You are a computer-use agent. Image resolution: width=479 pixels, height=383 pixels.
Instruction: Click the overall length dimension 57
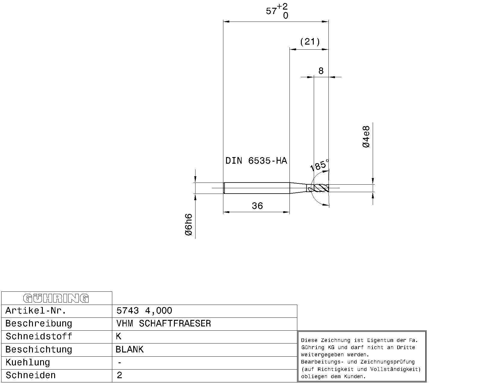tap(271, 11)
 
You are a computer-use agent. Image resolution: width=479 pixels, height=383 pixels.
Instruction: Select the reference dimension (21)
tap(310, 42)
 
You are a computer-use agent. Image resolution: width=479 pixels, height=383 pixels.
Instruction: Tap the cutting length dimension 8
tap(321, 71)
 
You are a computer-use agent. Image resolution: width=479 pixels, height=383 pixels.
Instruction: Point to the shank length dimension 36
tap(257, 206)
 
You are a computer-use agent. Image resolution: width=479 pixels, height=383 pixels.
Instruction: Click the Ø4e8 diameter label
tap(366, 137)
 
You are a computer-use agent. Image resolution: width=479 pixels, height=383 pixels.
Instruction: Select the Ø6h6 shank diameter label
tap(189, 224)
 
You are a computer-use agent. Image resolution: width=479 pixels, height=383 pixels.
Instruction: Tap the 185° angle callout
tap(319, 165)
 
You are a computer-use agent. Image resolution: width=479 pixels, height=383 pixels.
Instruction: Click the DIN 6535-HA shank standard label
tap(256, 160)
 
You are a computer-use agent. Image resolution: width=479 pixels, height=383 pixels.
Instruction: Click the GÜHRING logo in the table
tap(56, 298)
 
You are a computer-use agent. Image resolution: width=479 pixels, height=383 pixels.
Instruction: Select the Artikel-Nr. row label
tap(36, 311)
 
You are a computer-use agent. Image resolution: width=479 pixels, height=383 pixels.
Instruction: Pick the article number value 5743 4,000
tap(144, 311)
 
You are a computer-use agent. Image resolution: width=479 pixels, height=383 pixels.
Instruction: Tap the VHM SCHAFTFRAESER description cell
tap(163, 323)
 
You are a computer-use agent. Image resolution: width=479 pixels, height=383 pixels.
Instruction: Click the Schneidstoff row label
tap(39, 336)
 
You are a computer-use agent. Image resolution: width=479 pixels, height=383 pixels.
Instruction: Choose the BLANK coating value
tap(130, 349)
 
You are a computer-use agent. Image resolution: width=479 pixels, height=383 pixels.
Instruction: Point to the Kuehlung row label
tap(28, 362)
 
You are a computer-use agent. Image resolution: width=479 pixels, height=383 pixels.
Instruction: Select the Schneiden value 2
tap(119, 375)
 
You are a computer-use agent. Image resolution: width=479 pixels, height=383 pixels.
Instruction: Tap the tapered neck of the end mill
tap(298, 188)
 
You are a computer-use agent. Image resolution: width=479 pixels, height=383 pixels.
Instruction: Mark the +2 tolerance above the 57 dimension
tap(282, 7)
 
